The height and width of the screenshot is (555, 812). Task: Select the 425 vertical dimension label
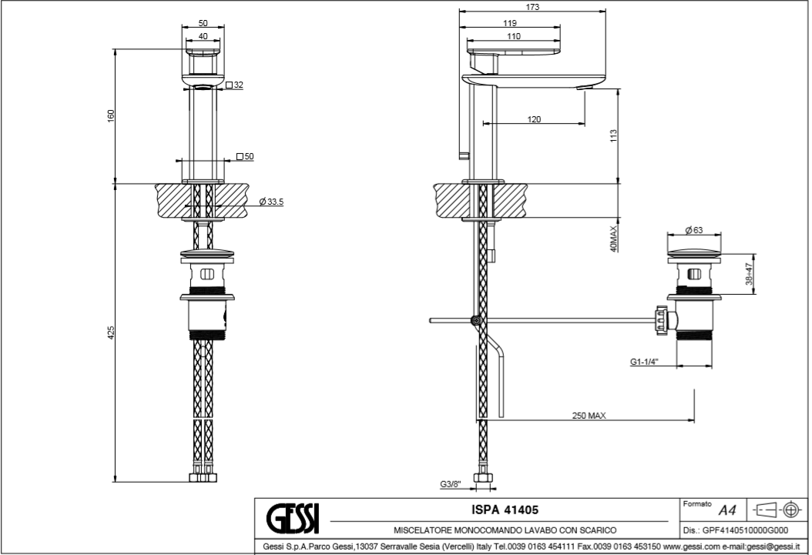[x=111, y=333]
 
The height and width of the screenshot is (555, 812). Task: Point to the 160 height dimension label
[x=111, y=115]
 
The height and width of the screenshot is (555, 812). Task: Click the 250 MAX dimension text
[x=589, y=416]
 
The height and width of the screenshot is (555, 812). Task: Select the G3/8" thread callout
[x=451, y=484]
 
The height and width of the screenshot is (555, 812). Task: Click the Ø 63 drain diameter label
[x=695, y=230]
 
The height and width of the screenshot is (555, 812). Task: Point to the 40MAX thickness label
[x=613, y=239]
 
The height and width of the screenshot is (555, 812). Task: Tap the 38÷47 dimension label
[x=750, y=273]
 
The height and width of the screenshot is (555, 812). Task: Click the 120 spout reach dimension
[x=534, y=119]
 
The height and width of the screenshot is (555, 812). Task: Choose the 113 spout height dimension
[x=613, y=135]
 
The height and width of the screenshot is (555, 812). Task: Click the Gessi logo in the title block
[x=293, y=519]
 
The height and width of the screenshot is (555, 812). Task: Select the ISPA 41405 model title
[x=504, y=510]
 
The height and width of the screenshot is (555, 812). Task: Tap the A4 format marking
[x=726, y=510]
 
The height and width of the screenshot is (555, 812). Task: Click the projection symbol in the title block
[x=775, y=510]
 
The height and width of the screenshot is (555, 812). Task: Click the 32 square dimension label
[x=237, y=85]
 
